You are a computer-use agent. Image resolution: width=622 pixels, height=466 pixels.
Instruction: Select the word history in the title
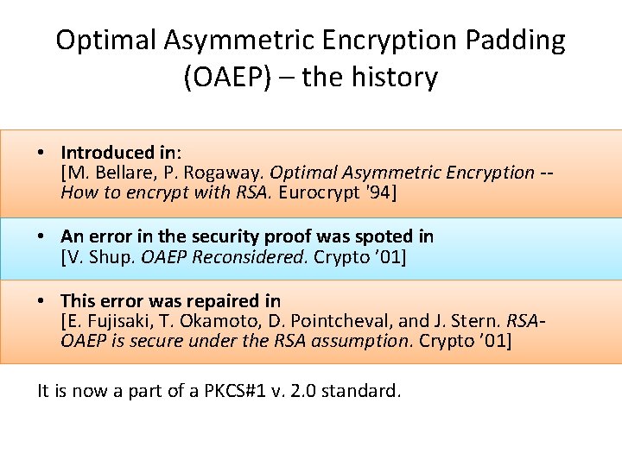[391, 78]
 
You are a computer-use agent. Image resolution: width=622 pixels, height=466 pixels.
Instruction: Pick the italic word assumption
[361, 341]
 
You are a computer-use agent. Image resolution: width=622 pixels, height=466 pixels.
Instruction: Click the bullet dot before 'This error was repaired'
[41, 301]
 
